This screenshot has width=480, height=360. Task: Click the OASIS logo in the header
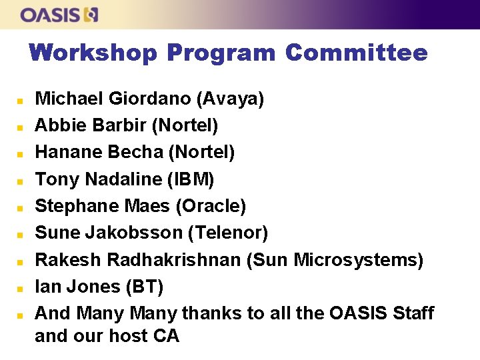[59, 15]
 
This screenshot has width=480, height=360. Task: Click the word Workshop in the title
[94, 53]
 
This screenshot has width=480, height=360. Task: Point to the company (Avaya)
[230, 99]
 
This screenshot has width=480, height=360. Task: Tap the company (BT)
[144, 287]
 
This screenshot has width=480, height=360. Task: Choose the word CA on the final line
[167, 336]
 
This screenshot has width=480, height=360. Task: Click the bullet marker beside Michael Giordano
[21, 101]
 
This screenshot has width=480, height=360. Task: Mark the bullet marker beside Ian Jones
[21, 288]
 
